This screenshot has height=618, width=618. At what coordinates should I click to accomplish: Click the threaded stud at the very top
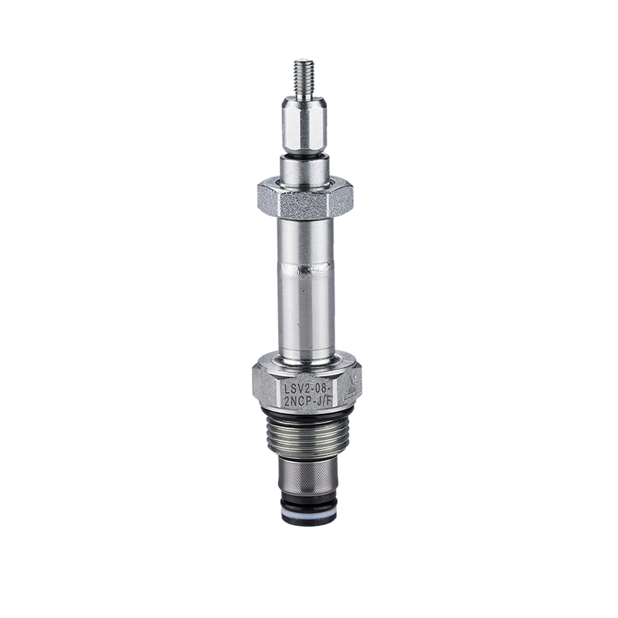[304, 78]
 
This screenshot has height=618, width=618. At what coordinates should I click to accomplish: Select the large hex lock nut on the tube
[305, 199]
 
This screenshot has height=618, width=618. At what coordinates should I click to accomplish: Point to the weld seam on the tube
[306, 270]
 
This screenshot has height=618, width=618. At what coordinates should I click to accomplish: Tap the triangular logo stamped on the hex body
[351, 389]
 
